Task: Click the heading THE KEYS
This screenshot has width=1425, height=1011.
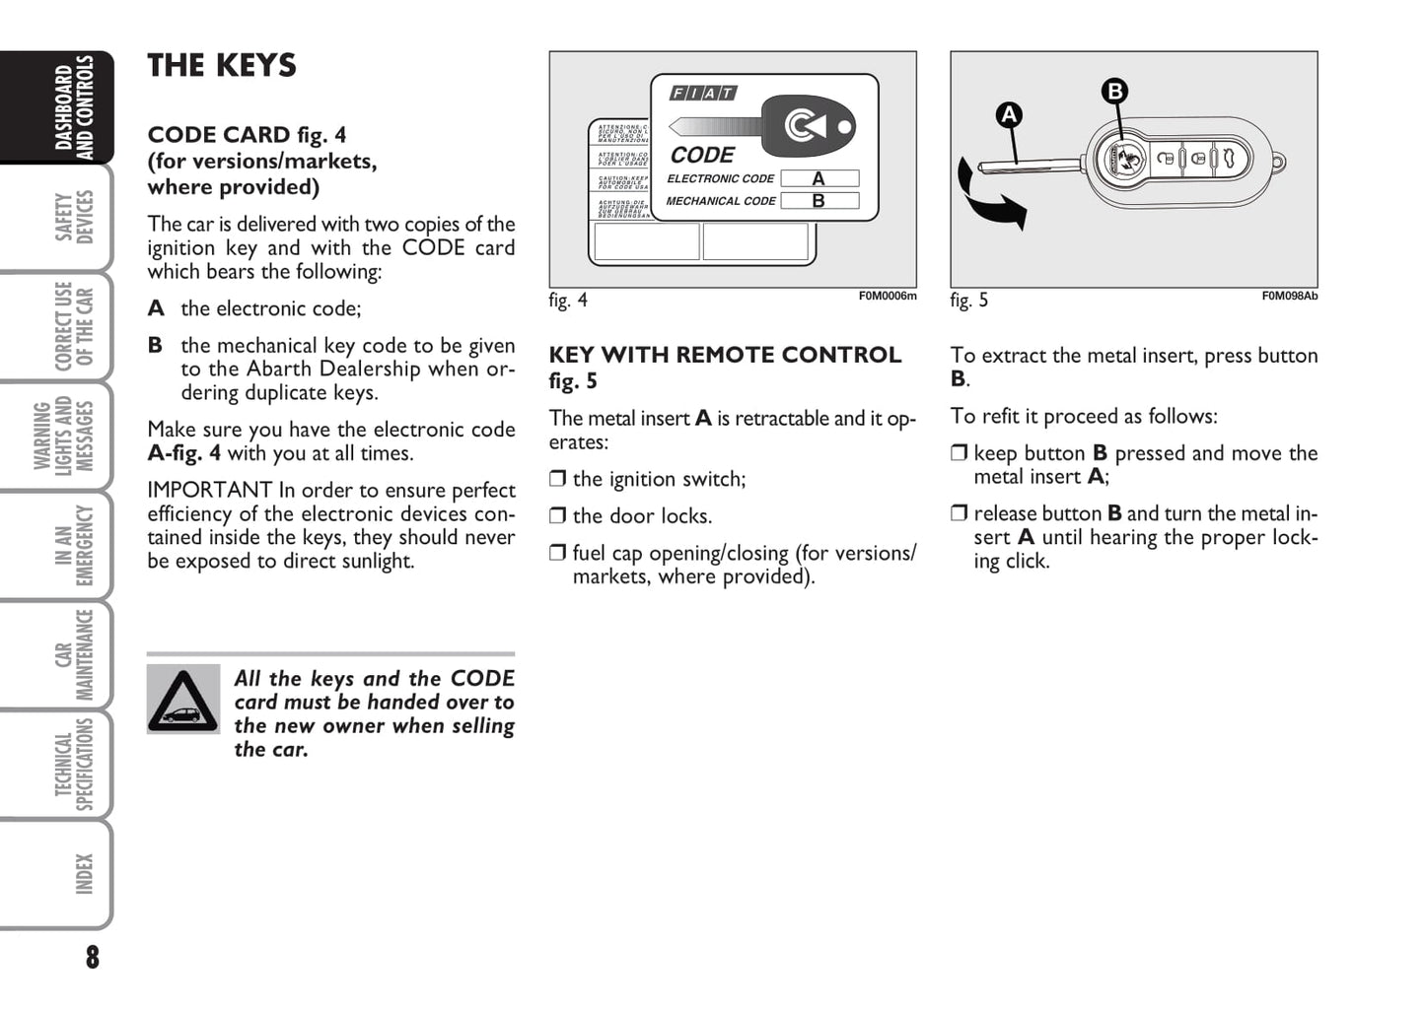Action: [x=222, y=66]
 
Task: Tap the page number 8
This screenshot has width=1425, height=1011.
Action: [x=93, y=957]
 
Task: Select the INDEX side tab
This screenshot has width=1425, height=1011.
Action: [x=84, y=874]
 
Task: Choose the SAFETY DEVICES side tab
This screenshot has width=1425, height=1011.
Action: [x=74, y=218]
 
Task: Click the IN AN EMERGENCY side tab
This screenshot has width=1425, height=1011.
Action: [x=74, y=545]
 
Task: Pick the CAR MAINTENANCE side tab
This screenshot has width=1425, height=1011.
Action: [x=74, y=654]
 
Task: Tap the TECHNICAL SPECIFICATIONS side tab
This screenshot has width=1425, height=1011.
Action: [x=74, y=765]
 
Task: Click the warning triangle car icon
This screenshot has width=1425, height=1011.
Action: [x=183, y=700]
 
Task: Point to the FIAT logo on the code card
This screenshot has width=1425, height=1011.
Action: [x=703, y=94]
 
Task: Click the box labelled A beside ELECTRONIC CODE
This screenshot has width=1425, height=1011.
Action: [x=819, y=179]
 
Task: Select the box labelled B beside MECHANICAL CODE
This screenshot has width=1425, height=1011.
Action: [x=819, y=201]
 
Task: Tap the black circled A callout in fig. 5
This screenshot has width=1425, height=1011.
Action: [x=1008, y=115]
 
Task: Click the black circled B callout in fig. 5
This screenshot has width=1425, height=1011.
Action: [x=1114, y=92]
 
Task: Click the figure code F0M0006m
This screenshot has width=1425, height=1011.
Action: [x=887, y=296]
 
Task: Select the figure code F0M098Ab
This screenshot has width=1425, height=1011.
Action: [x=1289, y=296]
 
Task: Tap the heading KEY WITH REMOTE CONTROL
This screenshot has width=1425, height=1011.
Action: [x=725, y=356]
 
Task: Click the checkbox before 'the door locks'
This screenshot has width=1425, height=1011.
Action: [x=557, y=515]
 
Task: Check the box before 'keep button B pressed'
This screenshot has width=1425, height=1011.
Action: [x=959, y=453]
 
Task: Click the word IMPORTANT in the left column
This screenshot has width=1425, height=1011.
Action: [x=209, y=491]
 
